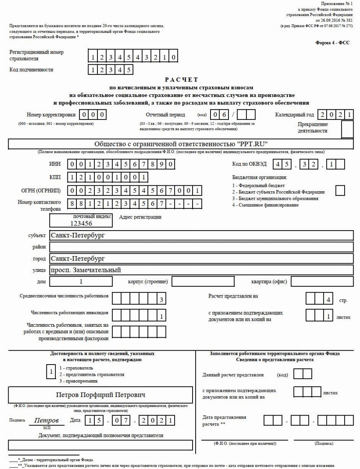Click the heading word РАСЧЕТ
181,80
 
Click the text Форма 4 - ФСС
332,43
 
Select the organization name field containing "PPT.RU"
181,144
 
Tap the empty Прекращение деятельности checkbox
347,130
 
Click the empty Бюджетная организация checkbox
340,191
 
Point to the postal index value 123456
81,223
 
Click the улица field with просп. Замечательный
201,270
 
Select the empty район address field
201,247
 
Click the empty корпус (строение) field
203,281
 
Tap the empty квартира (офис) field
322,281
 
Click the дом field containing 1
81,281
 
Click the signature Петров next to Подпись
46,420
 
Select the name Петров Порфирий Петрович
100,395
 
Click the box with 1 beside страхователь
51,372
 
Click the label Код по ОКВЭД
249,164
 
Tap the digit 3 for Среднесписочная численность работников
161,299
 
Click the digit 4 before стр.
328,299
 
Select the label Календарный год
294,115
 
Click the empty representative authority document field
100,445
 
